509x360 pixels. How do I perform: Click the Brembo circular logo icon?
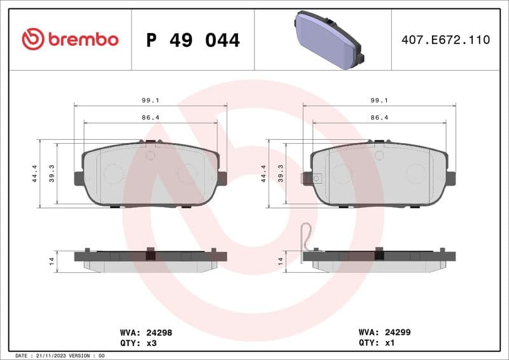pos(33,39)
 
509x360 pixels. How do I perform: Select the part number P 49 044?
pos(193,40)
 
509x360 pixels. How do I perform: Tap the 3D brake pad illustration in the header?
pos(328,39)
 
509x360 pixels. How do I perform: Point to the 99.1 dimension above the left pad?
pos(150,100)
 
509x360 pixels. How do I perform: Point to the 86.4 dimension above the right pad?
pos(379,118)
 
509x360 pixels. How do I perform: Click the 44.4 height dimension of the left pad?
pos(34,173)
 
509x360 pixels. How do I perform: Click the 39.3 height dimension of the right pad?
pos(281,173)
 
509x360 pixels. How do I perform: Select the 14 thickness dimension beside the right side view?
pos(281,261)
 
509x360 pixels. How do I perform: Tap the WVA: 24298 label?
pos(146,332)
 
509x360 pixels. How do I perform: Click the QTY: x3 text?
pos(138,342)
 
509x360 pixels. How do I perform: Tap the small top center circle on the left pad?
pos(151,155)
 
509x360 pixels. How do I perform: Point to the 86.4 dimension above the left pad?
pos(150,118)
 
